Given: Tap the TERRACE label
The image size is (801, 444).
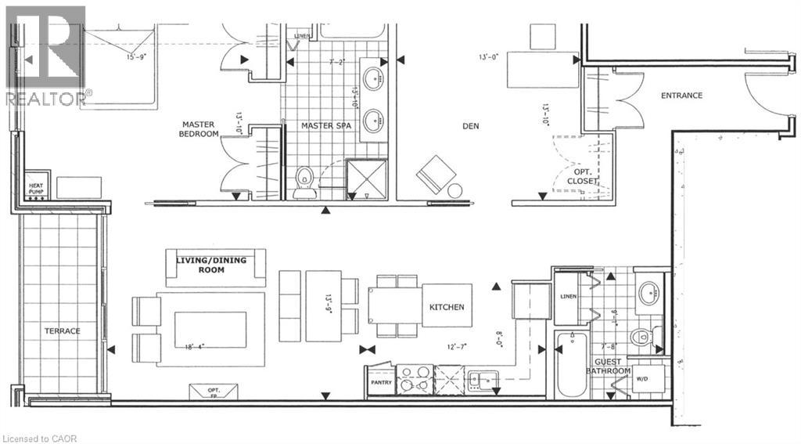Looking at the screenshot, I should point(62,331).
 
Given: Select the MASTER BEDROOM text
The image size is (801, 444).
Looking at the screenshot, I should point(199,129).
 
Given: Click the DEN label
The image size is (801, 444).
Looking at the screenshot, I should point(470,126).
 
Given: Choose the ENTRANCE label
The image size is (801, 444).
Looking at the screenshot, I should point(681,96).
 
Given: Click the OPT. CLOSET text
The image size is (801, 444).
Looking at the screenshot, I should point(583,175).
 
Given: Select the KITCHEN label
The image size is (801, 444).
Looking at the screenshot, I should point(446,307).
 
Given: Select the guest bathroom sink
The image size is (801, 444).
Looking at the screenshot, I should point(648,294).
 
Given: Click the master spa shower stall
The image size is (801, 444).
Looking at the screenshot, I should point(368,176).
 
